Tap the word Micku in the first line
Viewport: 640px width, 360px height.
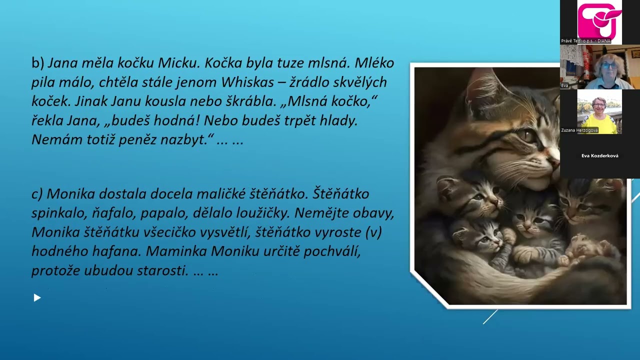click(x=176, y=63)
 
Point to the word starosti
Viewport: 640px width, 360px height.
click(x=162, y=271)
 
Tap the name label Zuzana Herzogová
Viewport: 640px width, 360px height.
click(x=579, y=130)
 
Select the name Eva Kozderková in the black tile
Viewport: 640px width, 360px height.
click(x=599, y=156)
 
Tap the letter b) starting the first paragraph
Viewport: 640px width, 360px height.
click(x=38, y=63)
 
